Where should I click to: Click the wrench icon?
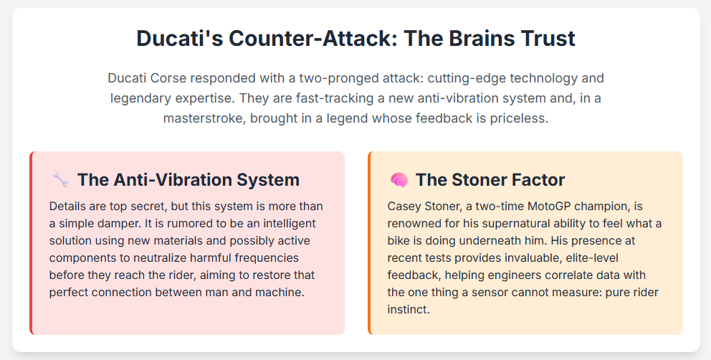pyautogui.click(x=61, y=180)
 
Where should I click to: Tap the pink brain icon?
pyautogui.click(x=399, y=180)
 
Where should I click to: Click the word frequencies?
pyautogui.click(x=267, y=258)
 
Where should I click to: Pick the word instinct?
pyautogui.click(x=408, y=310)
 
